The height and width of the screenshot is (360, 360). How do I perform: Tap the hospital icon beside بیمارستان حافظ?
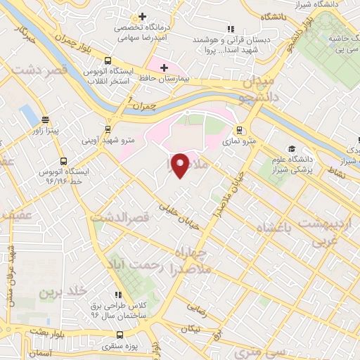tap(164, 67)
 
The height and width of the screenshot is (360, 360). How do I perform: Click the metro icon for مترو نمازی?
tap(240, 130)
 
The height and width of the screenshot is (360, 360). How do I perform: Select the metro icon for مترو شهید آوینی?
tap(108, 129)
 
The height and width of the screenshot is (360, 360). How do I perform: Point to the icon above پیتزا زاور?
tap(46, 120)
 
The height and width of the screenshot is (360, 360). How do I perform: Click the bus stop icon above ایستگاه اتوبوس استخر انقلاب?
tap(108, 61)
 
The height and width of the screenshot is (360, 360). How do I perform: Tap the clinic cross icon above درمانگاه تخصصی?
tap(142, 16)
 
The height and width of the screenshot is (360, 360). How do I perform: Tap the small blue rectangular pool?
tap(29, 112)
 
